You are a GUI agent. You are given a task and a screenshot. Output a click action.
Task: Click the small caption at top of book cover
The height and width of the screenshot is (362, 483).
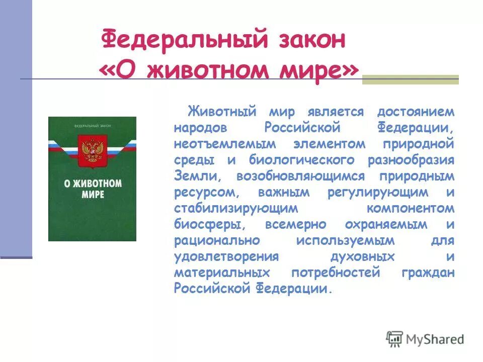(x=92, y=125)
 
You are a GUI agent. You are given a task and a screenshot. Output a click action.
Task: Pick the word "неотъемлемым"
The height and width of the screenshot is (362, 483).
(x=225, y=143)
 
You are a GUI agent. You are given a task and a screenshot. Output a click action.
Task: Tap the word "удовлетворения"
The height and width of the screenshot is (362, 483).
(x=226, y=256)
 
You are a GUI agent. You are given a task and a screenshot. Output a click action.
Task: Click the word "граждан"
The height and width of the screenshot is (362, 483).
(x=428, y=273)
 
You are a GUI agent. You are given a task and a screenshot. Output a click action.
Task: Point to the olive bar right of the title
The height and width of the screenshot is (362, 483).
(x=411, y=79)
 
